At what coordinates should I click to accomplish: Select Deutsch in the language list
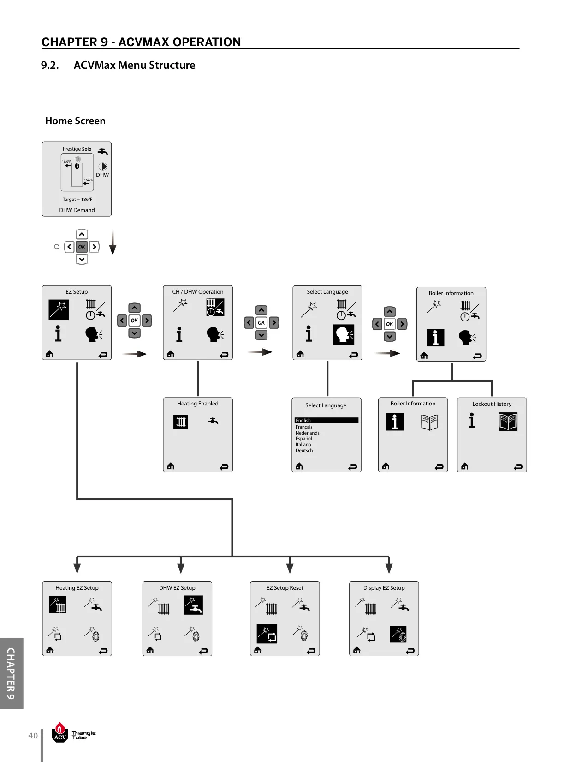pos(304,451)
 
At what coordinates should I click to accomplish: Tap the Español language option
pos(303,439)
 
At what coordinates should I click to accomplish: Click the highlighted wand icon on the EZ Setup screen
pos(59,309)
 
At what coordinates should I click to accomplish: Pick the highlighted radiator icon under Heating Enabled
pos(181,422)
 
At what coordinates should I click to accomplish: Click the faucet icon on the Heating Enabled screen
pos(213,421)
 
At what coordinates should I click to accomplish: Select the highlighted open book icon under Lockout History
pos(508,422)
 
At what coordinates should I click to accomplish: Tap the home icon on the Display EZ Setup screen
pos(357,651)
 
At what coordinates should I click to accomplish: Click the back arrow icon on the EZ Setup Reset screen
pos(311,651)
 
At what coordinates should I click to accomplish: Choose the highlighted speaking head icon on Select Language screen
pos(344,334)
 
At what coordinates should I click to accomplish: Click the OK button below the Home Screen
pos(82,247)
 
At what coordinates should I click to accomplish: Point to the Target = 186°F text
pos(77,199)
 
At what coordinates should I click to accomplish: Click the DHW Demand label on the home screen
pos(77,210)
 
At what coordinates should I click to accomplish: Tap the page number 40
pos(33,736)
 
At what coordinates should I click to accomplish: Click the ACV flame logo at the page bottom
pos(60,732)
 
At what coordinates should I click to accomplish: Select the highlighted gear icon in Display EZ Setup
pos(398,635)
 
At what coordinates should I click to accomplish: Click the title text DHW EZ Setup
pos(177,588)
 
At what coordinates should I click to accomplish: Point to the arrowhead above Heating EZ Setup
pos(77,568)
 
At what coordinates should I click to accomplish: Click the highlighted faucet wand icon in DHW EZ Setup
pos(193,605)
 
